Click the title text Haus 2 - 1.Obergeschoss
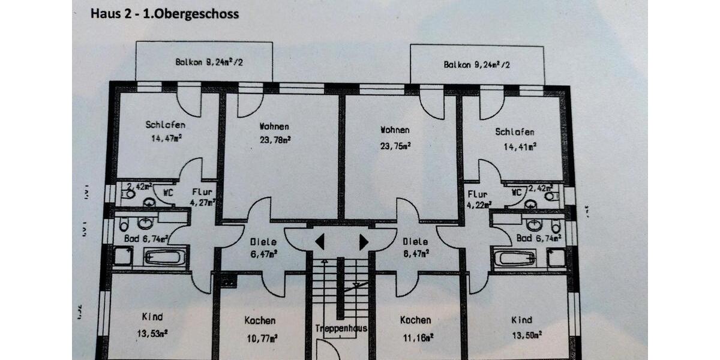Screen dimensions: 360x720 coord(164,14)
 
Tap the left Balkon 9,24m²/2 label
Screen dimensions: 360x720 coord(201,62)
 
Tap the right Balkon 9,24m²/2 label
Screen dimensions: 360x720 coord(476,65)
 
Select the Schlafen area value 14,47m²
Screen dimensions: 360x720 coord(166,138)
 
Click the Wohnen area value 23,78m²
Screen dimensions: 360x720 coord(275,140)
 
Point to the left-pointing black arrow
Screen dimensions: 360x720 coord(320,242)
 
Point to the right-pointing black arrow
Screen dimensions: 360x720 coord(364,242)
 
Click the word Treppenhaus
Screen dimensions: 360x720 coord(341,328)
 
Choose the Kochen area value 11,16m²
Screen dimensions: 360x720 coord(415,338)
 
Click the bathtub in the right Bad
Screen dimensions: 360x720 coord(514,259)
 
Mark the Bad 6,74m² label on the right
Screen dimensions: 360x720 coord(539,238)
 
